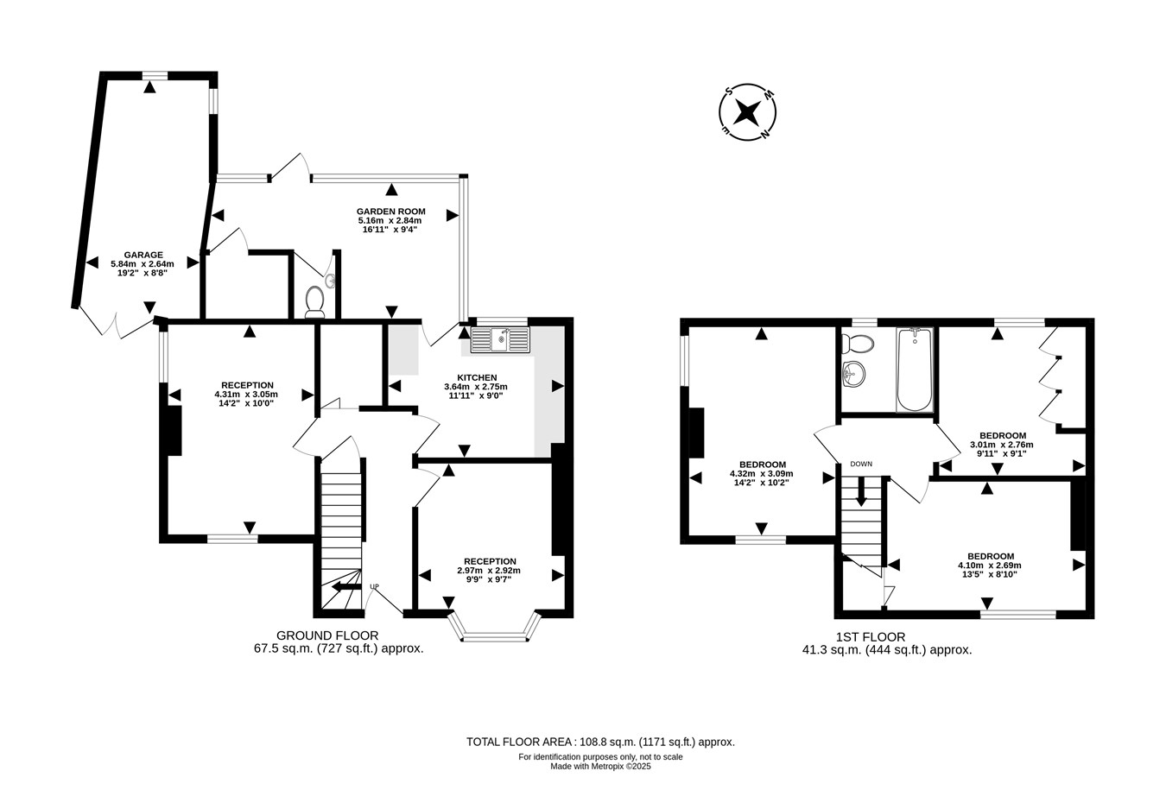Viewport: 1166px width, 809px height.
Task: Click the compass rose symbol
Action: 747,112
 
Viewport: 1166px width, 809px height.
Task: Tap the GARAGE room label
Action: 143,255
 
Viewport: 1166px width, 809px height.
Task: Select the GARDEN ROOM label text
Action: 391,212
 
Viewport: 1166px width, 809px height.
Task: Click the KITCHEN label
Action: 477,377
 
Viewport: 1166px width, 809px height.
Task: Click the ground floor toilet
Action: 315,301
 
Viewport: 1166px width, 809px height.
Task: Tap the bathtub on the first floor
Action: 915,370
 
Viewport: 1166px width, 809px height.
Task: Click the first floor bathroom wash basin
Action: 853,374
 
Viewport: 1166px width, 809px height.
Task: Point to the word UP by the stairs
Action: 374,587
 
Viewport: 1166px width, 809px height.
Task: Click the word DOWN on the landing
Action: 861,464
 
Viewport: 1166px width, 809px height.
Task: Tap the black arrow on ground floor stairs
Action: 346,587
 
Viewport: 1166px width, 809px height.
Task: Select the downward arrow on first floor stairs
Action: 861,491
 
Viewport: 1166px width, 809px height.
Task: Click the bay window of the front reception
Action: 495,628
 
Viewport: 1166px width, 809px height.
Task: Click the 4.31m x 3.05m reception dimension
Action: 246,395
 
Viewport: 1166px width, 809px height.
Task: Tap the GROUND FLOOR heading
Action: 327,635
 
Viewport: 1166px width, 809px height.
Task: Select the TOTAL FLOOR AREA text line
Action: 600,742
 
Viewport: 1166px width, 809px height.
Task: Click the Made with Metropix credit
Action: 600,767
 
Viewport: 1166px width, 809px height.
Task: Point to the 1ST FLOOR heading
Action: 871,637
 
